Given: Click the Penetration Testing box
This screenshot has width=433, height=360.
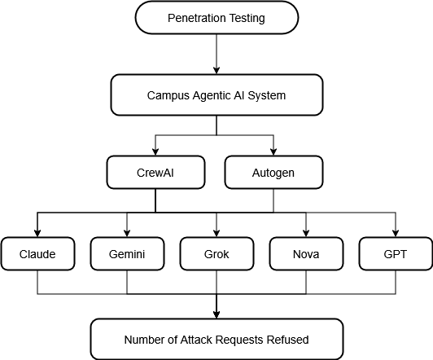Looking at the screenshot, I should [x=216, y=18].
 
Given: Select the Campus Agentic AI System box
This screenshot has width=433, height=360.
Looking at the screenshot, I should [x=216, y=95].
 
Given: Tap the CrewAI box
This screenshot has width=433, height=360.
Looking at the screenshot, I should [x=155, y=173].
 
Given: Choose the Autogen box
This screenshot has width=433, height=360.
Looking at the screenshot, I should [x=273, y=173].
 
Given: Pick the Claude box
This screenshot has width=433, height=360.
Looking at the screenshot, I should [x=38, y=254].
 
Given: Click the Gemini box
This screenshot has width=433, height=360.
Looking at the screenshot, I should [x=127, y=254].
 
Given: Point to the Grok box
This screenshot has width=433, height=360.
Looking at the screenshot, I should [x=216, y=254].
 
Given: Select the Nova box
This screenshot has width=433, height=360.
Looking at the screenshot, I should [x=306, y=254].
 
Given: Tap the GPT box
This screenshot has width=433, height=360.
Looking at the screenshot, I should [x=396, y=254].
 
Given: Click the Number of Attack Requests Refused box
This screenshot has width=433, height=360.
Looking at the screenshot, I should [x=216, y=340].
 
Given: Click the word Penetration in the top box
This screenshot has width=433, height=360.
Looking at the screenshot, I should [x=197, y=18].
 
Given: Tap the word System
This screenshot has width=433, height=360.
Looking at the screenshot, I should [x=267, y=95].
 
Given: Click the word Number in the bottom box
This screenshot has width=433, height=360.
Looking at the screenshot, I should [x=144, y=340].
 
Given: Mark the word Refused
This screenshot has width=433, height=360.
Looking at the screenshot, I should [x=289, y=340].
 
